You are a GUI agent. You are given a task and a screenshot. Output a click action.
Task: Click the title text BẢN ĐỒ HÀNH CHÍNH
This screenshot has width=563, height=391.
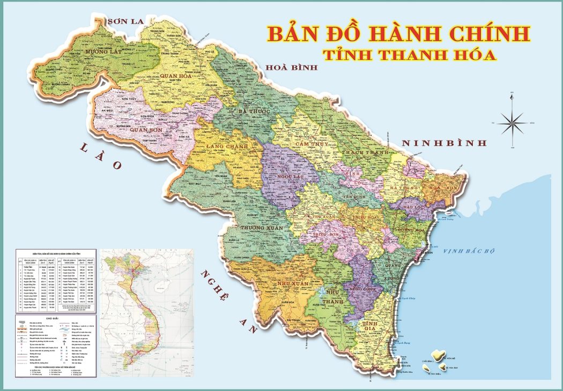pyautogui.click(x=398, y=33)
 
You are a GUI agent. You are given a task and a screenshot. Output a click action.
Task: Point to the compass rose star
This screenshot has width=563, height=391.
pyautogui.click(x=512, y=123)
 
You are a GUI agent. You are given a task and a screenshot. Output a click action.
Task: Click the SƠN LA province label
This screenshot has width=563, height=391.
pyautogui.click(x=126, y=21)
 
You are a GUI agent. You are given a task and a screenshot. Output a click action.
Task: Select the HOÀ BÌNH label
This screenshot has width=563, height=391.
pyautogui.click(x=292, y=67)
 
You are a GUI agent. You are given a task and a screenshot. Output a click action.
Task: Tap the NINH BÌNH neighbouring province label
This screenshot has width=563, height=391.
pyautogui.click(x=445, y=143)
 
